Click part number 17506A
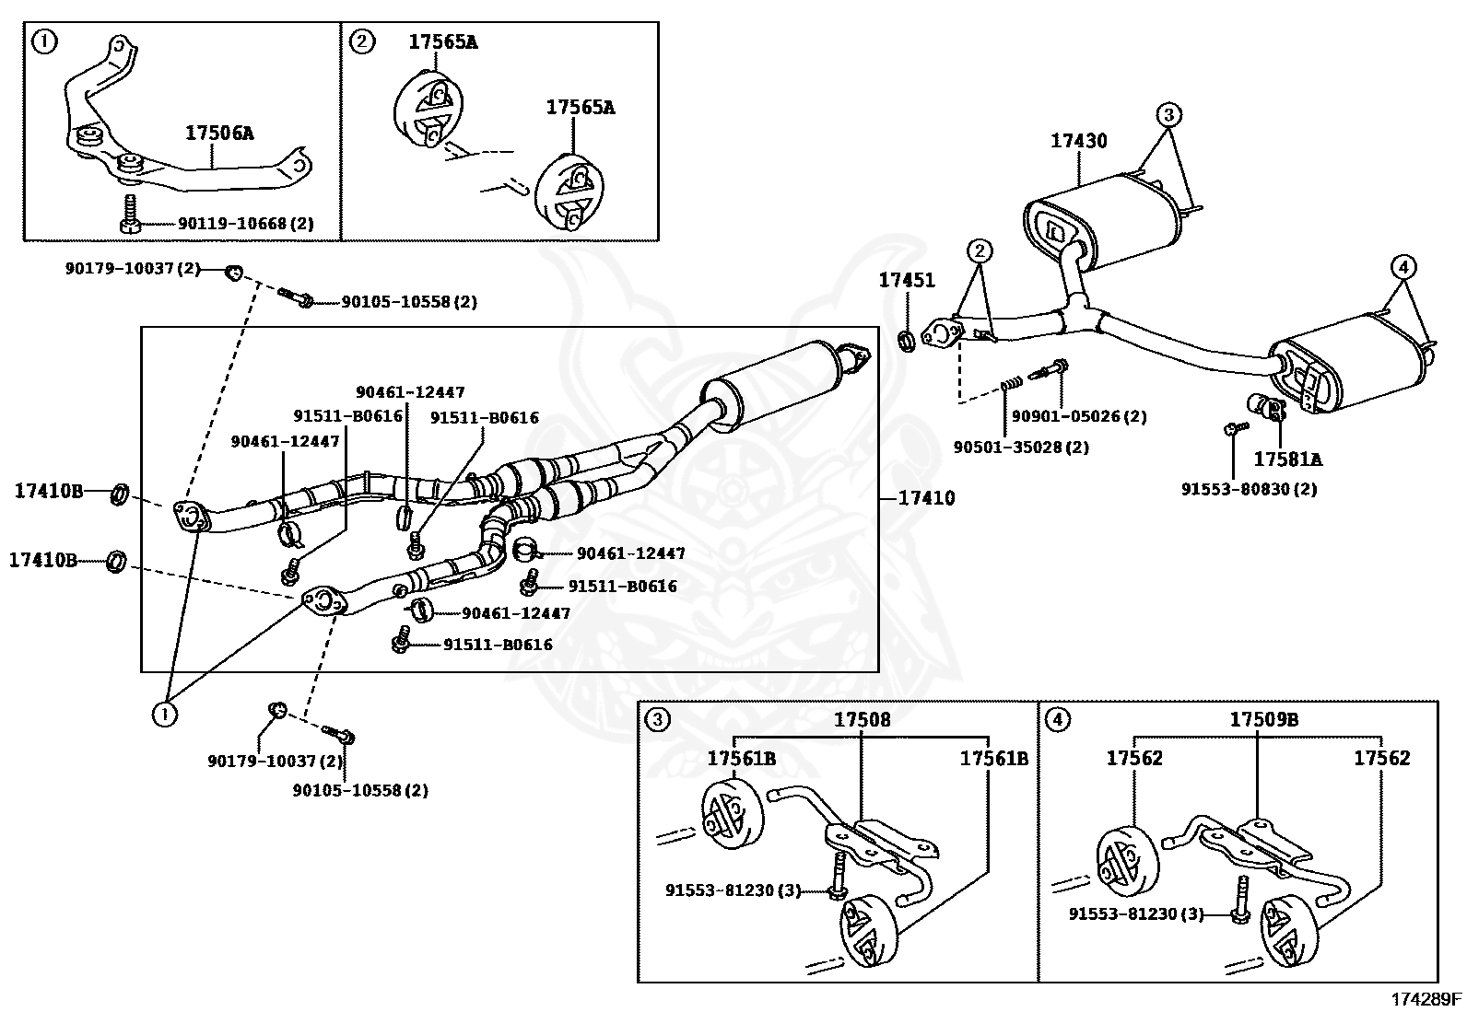(219, 133)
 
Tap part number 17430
(1078, 141)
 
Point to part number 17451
(906, 281)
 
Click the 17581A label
(1287, 458)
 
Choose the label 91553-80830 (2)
(1249, 489)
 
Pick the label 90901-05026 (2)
(1078, 416)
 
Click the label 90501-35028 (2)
(1021, 447)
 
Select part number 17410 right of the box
(926, 498)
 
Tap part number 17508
(863, 719)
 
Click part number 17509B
(1263, 719)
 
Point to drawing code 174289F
(1426, 998)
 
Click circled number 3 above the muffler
(1168, 115)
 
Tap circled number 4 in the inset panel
(1059, 719)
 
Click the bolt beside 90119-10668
(128, 215)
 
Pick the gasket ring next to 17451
(907, 342)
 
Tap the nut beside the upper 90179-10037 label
(235, 271)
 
